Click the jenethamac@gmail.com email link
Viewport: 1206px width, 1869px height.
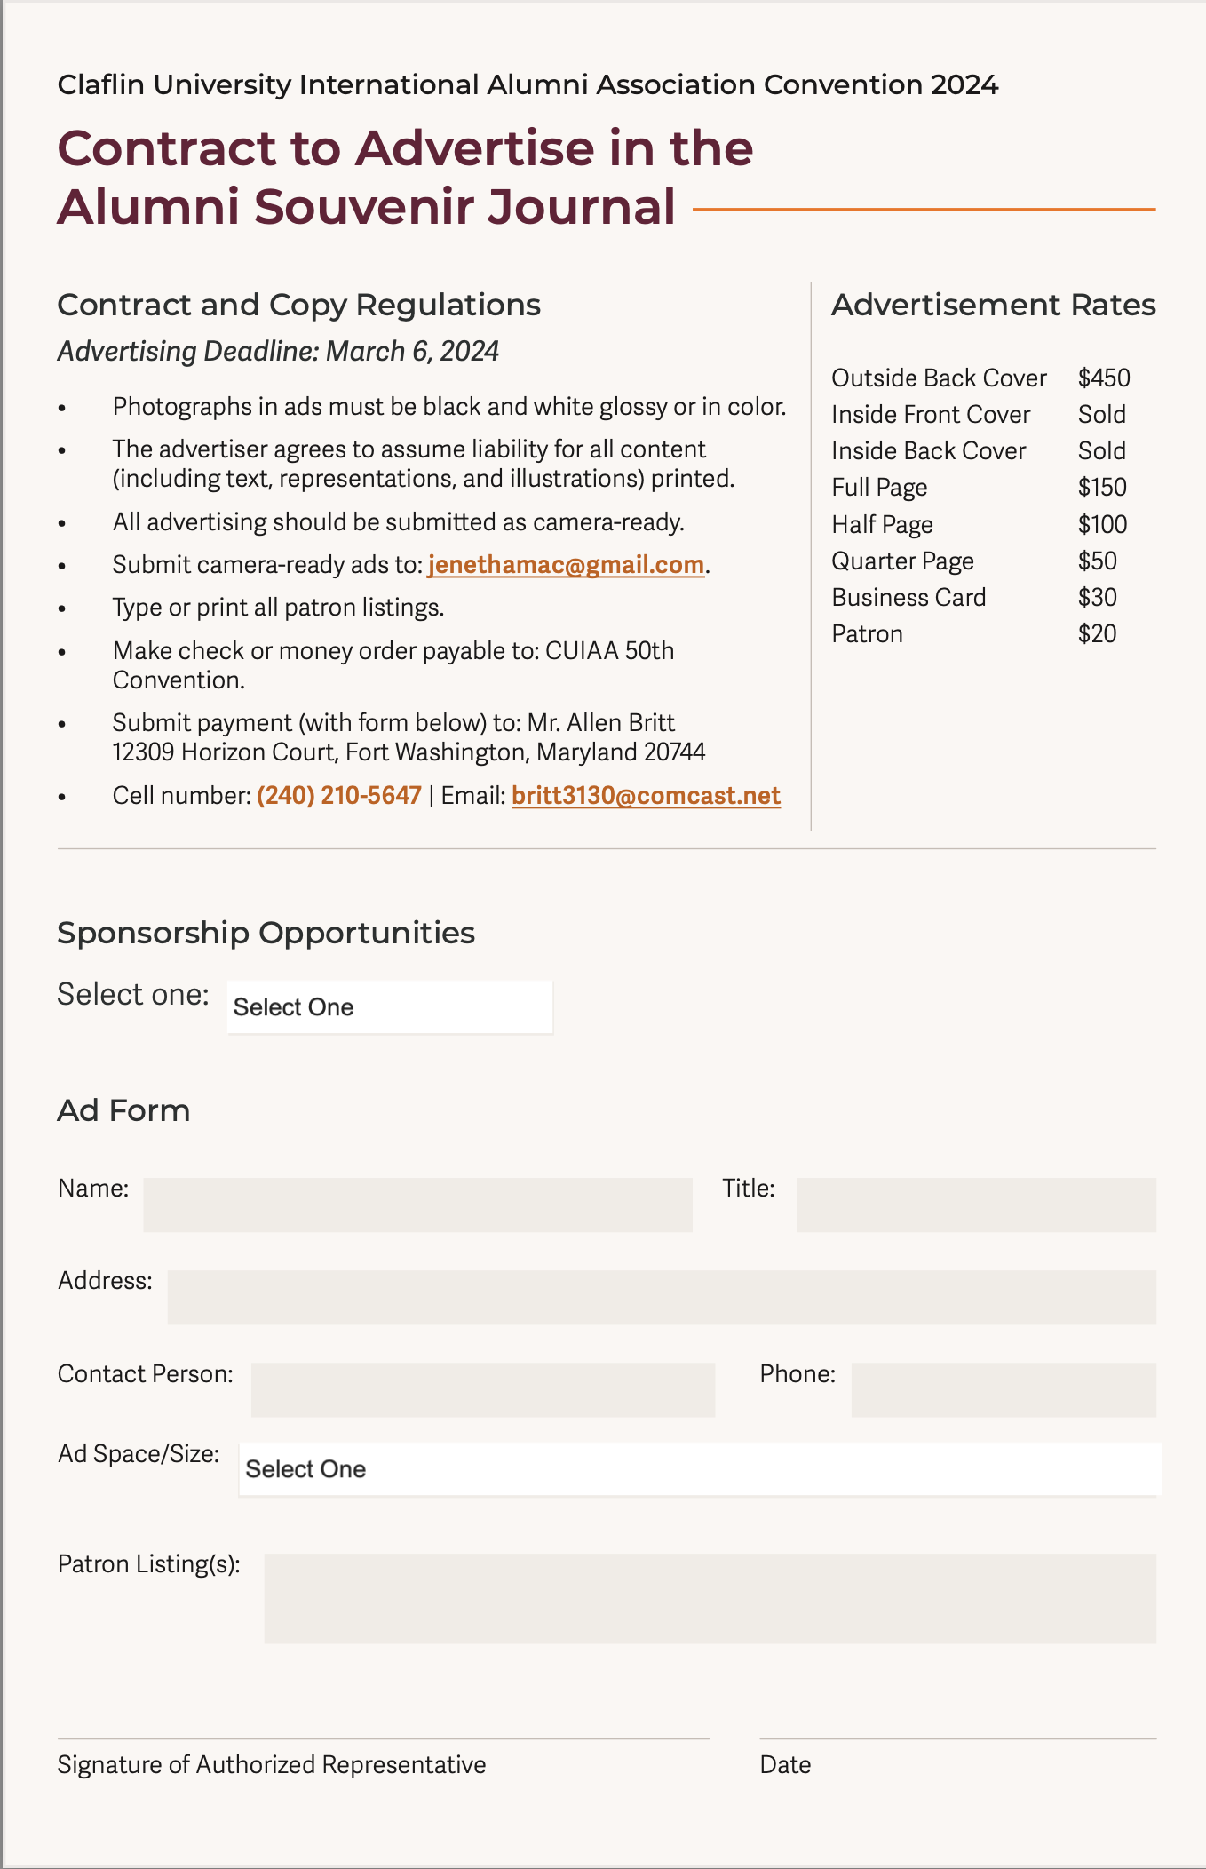coord(566,565)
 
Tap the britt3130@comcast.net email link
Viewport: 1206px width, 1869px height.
coord(646,795)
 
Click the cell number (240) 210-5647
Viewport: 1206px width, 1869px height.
coord(338,795)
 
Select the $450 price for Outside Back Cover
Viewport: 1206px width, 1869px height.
coord(1103,378)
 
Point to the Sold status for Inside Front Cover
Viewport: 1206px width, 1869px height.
coord(1101,415)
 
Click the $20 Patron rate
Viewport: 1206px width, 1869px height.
coord(1097,634)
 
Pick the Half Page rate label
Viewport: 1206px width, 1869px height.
coord(882,525)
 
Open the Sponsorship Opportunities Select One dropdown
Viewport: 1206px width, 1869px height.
coord(390,1007)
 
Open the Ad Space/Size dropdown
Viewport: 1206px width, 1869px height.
coord(699,1469)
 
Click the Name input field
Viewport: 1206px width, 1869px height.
coord(417,1205)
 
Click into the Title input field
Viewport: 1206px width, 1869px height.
coord(975,1205)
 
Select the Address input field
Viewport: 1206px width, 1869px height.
coord(662,1297)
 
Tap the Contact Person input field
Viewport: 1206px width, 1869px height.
coord(482,1389)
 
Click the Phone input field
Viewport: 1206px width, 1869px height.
coord(1003,1389)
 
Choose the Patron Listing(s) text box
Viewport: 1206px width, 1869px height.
coord(710,1598)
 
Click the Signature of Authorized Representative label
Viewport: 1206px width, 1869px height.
coord(272,1764)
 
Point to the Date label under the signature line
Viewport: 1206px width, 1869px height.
coord(785,1764)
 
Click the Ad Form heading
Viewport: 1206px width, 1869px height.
coord(123,1110)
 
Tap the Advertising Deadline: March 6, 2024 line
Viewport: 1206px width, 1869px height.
coord(278,352)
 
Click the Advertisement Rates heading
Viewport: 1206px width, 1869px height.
coord(993,305)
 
